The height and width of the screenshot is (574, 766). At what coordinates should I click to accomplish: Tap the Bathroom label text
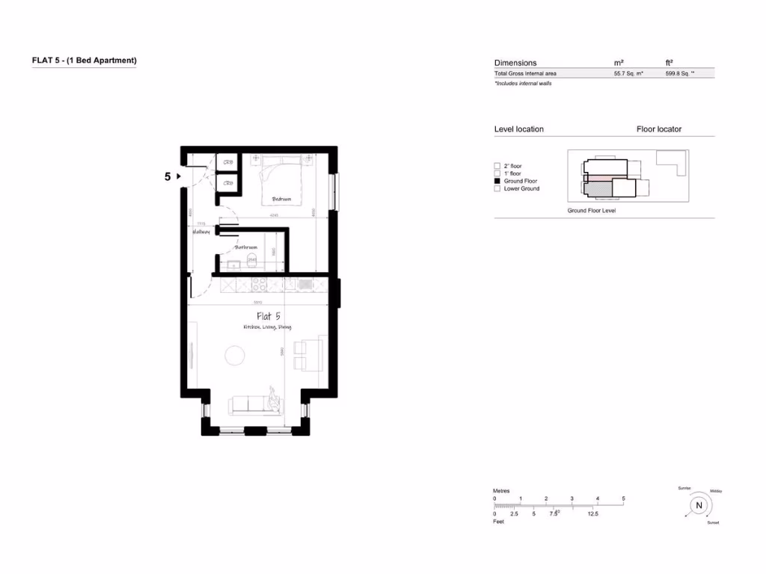(246, 247)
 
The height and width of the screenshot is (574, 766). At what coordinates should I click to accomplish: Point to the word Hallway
(200, 232)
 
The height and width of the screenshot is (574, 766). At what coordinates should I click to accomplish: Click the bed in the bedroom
(281, 179)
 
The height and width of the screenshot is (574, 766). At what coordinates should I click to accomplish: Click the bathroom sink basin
(233, 265)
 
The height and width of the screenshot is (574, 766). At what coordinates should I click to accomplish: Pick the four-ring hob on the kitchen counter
(259, 284)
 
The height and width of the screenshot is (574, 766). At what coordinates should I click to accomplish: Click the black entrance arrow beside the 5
(179, 177)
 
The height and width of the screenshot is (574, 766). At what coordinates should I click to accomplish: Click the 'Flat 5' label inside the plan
(268, 316)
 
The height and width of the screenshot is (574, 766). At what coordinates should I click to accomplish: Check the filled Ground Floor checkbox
(497, 182)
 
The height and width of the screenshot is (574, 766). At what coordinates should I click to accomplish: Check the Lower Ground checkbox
(497, 189)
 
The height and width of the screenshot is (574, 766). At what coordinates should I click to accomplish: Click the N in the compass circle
(699, 505)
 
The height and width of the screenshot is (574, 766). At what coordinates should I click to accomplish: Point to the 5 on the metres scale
(623, 499)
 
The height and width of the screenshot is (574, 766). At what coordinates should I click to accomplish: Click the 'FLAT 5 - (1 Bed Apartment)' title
(84, 61)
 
